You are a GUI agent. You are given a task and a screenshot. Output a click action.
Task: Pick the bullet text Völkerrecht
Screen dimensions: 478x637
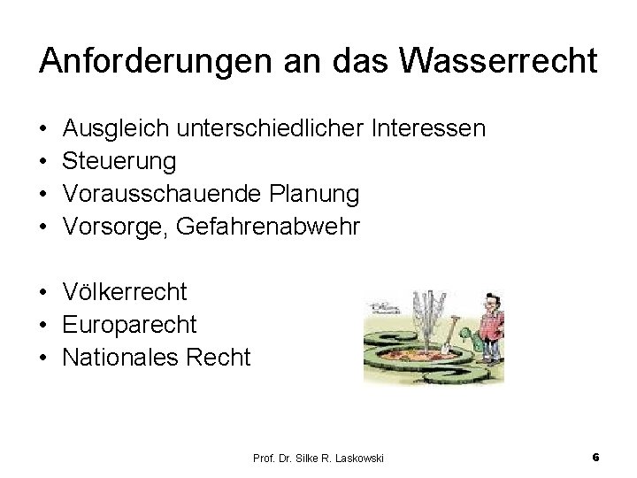click(125, 292)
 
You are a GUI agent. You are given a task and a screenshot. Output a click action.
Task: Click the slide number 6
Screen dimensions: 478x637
click(595, 458)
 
